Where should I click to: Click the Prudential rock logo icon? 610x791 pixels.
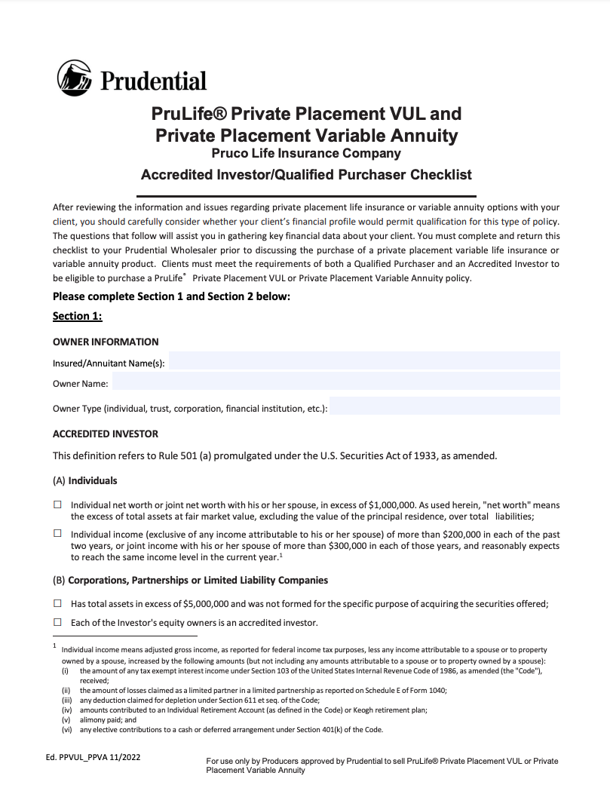coord(73,76)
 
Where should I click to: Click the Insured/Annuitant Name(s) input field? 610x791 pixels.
coord(364,361)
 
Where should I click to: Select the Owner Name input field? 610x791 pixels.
coord(336,382)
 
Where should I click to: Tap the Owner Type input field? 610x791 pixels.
coord(445,406)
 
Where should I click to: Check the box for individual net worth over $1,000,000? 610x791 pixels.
coord(57,504)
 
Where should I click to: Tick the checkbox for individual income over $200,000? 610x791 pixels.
coord(57,533)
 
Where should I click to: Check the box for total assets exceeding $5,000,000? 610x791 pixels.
coord(57,603)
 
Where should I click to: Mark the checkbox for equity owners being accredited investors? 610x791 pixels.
coord(57,622)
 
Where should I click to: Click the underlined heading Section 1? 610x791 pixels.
coord(78,316)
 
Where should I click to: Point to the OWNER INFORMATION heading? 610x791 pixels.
coord(106,342)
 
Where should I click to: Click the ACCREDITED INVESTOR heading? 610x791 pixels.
coord(106,434)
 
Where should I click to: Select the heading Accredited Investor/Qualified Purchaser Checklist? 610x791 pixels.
coord(306,175)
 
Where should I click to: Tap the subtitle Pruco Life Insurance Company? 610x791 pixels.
coord(306,154)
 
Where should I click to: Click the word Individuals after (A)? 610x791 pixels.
coord(93,480)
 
